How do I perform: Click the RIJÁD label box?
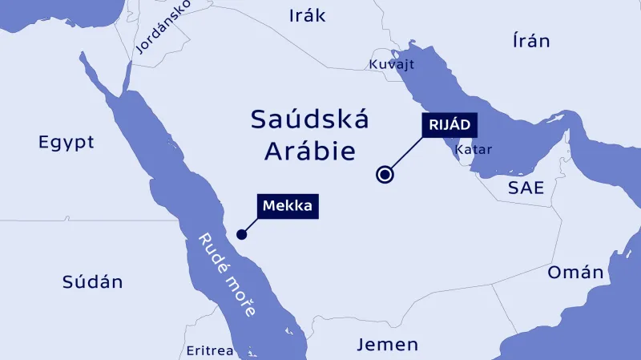point(449,125)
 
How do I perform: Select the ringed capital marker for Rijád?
point(385,174)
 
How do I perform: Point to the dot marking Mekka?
point(240,234)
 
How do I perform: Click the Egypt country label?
point(67,143)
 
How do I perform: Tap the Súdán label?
point(92,281)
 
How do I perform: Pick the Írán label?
point(531,41)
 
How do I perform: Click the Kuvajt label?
point(391,63)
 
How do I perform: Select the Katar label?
point(473,149)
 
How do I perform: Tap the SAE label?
point(526,188)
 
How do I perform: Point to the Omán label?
point(575,273)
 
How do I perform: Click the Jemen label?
point(388,345)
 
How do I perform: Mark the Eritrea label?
point(209,351)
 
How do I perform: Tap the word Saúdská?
point(309,119)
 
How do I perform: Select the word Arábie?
point(309,150)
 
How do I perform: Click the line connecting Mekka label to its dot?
point(250,225)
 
